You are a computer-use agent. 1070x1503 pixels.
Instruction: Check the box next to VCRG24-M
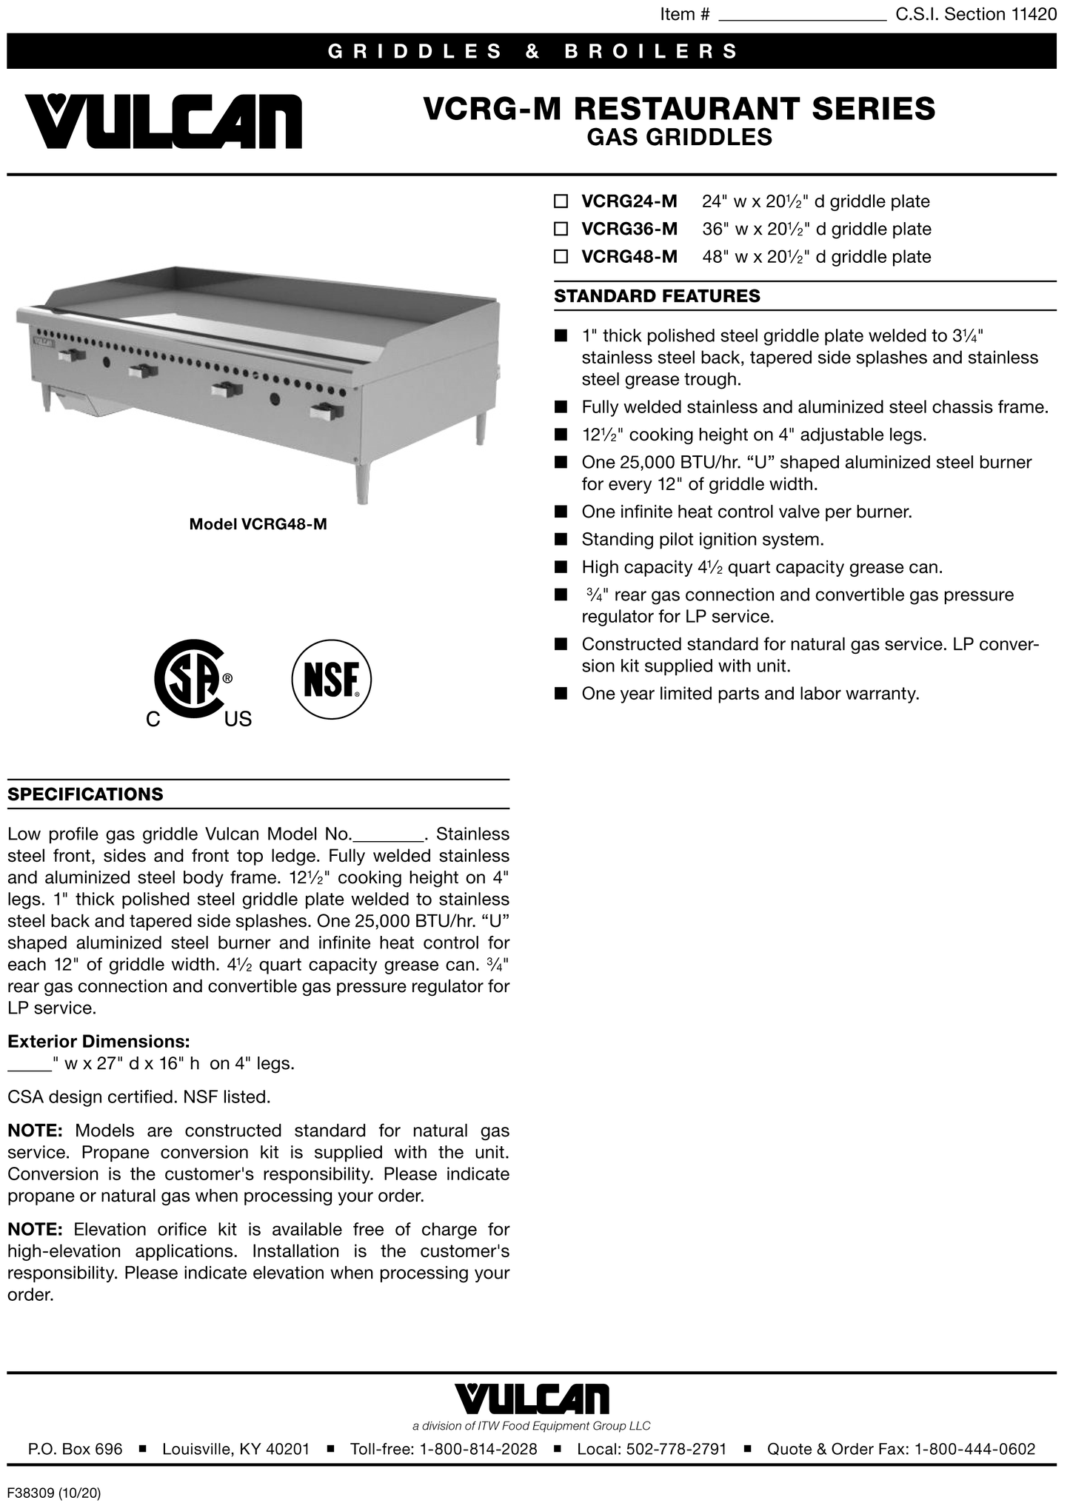click(561, 201)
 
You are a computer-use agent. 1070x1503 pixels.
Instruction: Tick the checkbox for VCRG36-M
click(561, 229)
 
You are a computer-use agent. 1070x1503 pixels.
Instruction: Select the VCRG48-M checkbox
click(561, 257)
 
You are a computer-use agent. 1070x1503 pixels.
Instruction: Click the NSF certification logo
click(332, 679)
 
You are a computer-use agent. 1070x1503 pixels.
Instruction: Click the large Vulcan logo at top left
click(164, 121)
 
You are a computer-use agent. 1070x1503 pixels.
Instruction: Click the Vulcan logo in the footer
click(532, 1399)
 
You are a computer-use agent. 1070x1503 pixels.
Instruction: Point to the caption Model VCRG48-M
click(258, 524)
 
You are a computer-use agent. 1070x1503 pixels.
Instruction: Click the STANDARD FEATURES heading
click(657, 296)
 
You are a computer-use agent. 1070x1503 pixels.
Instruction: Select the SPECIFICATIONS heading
click(85, 794)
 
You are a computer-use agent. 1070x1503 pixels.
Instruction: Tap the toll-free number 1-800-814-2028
click(478, 1449)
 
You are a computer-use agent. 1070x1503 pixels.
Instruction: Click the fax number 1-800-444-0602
click(975, 1449)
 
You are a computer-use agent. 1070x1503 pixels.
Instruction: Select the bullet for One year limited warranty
click(561, 694)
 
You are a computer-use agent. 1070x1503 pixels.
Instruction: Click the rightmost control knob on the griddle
click(325, 412)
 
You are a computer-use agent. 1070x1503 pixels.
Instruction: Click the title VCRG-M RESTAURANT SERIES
click(679, 109)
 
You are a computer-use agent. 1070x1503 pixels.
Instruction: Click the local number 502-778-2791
click(677, 1449)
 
